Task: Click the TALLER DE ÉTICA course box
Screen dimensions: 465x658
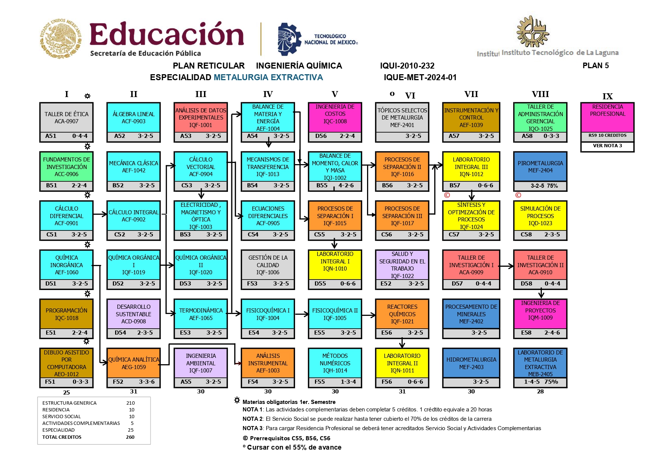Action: [66, 118]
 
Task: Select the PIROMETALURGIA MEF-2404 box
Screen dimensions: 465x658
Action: [540, 167]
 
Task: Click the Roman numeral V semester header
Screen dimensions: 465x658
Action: [335, 94]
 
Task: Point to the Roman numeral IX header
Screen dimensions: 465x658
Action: [607, 96]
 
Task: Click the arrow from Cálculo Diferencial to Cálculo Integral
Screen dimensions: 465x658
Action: [100, 214]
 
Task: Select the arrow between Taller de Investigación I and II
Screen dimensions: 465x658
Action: [506, 266]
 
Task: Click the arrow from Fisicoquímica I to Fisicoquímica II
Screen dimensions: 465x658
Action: [301, 314]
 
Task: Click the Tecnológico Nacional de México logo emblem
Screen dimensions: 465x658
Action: [289, 39]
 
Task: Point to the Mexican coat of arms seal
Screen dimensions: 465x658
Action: [61, 39]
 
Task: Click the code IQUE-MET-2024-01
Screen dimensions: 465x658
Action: [420, 78]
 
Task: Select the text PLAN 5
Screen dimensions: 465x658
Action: [595, 66]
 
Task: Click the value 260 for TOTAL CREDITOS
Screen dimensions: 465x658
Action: [130, 437]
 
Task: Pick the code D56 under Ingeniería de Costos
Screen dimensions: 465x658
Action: [321, 136]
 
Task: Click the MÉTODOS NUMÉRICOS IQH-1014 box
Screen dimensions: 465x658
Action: [335, 363]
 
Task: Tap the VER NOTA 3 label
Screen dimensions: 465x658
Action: [607, 146]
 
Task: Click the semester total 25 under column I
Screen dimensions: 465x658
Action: [66, 392]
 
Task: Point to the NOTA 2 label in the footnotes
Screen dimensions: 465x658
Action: [252, 419]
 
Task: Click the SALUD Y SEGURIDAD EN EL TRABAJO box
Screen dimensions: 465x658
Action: [402, 265]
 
